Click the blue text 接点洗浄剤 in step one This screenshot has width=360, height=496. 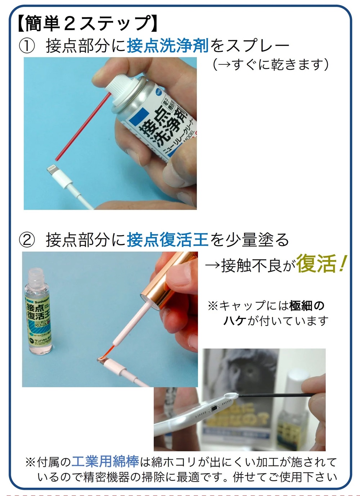(x=167, y=46)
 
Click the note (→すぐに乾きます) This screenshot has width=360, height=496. (x=270, y=65)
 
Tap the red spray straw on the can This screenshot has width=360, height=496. (x=83, y=126)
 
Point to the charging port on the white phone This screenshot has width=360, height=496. (x=215, y=408)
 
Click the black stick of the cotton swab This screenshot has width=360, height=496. (x=274, y=395)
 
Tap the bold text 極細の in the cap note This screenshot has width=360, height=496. (x=307, y=306)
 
